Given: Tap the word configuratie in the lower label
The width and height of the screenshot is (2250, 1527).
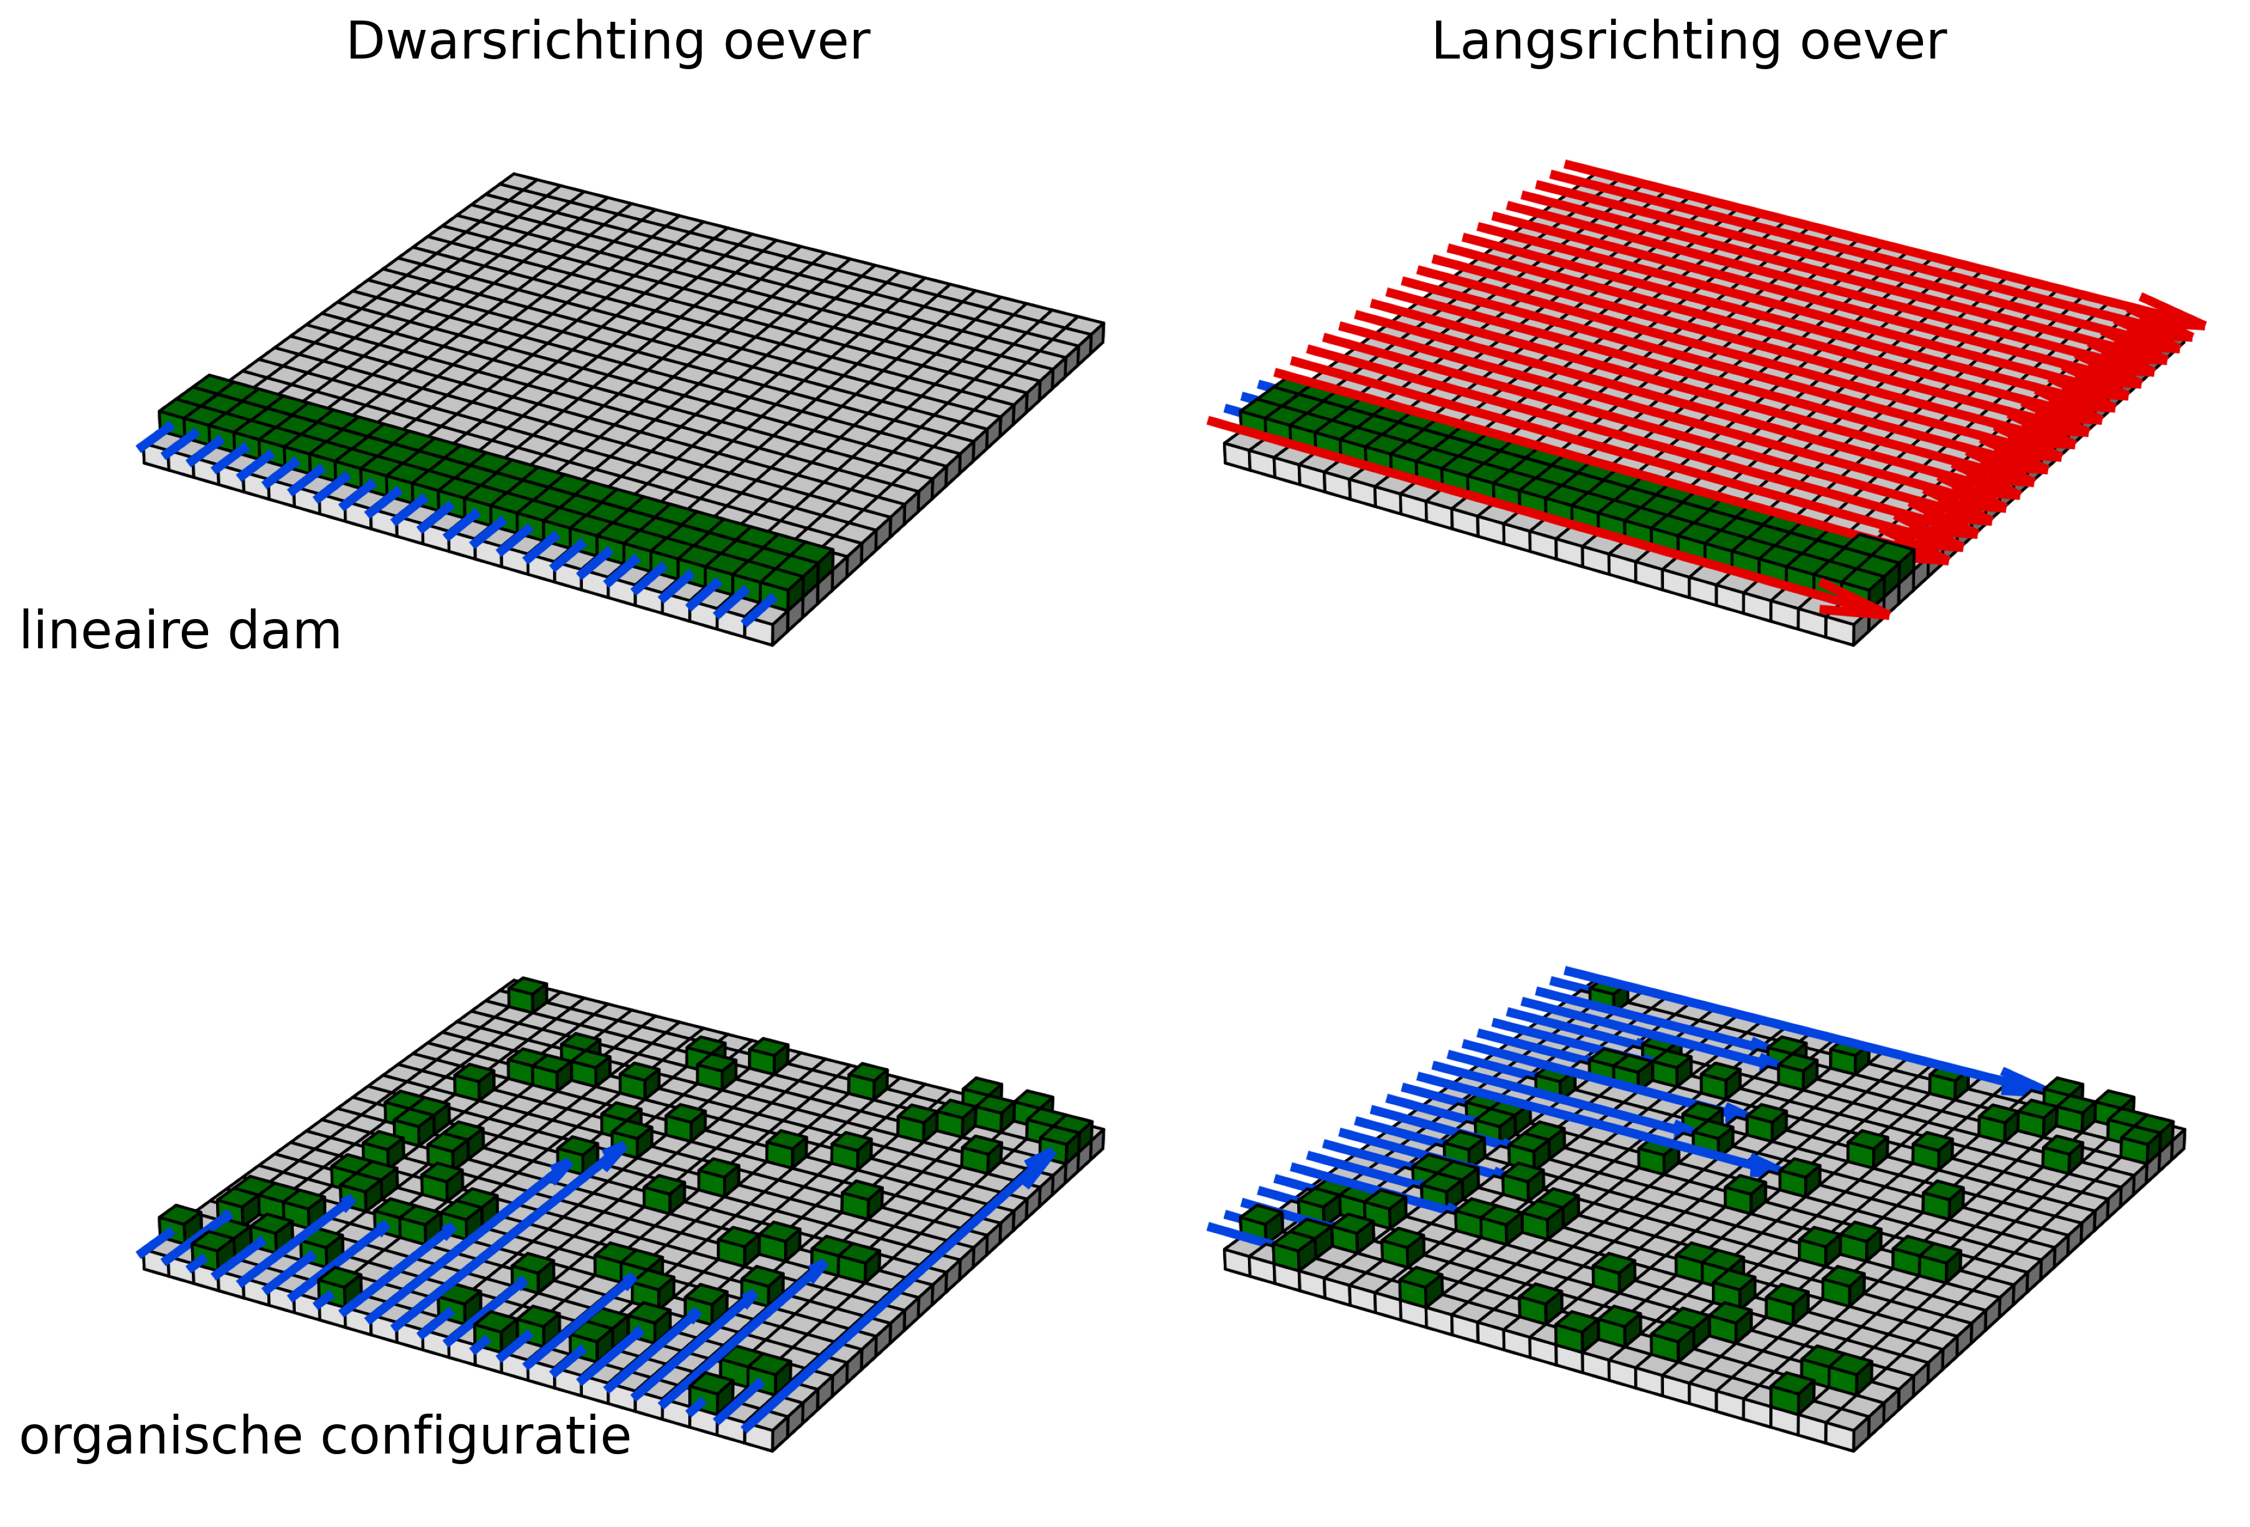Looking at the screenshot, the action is coord(475,1437).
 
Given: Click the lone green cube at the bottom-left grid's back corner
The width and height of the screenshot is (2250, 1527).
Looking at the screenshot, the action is coord(527,995).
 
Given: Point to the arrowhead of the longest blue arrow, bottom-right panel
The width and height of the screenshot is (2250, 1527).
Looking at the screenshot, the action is coord(2023,1084).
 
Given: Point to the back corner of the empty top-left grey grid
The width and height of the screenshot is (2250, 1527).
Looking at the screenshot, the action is coord(514,175).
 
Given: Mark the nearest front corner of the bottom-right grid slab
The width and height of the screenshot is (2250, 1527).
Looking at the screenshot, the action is coord(1853,1450).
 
